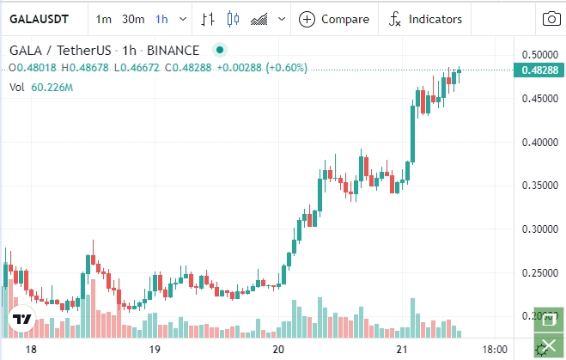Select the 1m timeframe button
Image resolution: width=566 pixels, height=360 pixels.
(x=104, y=19)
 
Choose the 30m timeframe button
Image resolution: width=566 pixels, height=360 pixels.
(x=133, y=19)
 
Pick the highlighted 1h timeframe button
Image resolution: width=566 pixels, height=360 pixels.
(x=161, y=19)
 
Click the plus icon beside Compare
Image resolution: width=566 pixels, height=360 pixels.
(x=307, y=19)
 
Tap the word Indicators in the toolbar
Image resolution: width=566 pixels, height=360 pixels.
(x=435, y=19)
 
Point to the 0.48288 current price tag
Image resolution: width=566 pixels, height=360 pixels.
(x=539, y=70)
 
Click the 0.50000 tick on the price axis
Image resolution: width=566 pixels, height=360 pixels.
(x=539, y=55)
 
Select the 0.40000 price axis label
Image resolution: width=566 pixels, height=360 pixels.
(x=539, y=143)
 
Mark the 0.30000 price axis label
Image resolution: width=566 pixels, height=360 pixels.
(x=539, y=229)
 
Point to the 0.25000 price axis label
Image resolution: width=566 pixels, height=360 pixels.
(x=539, y=273)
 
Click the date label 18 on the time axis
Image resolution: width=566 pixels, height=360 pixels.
(x=31, y=350)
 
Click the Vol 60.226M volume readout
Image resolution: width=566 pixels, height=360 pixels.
(x=40, y=87)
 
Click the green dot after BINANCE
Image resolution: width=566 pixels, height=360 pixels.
(x=221, y=51)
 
